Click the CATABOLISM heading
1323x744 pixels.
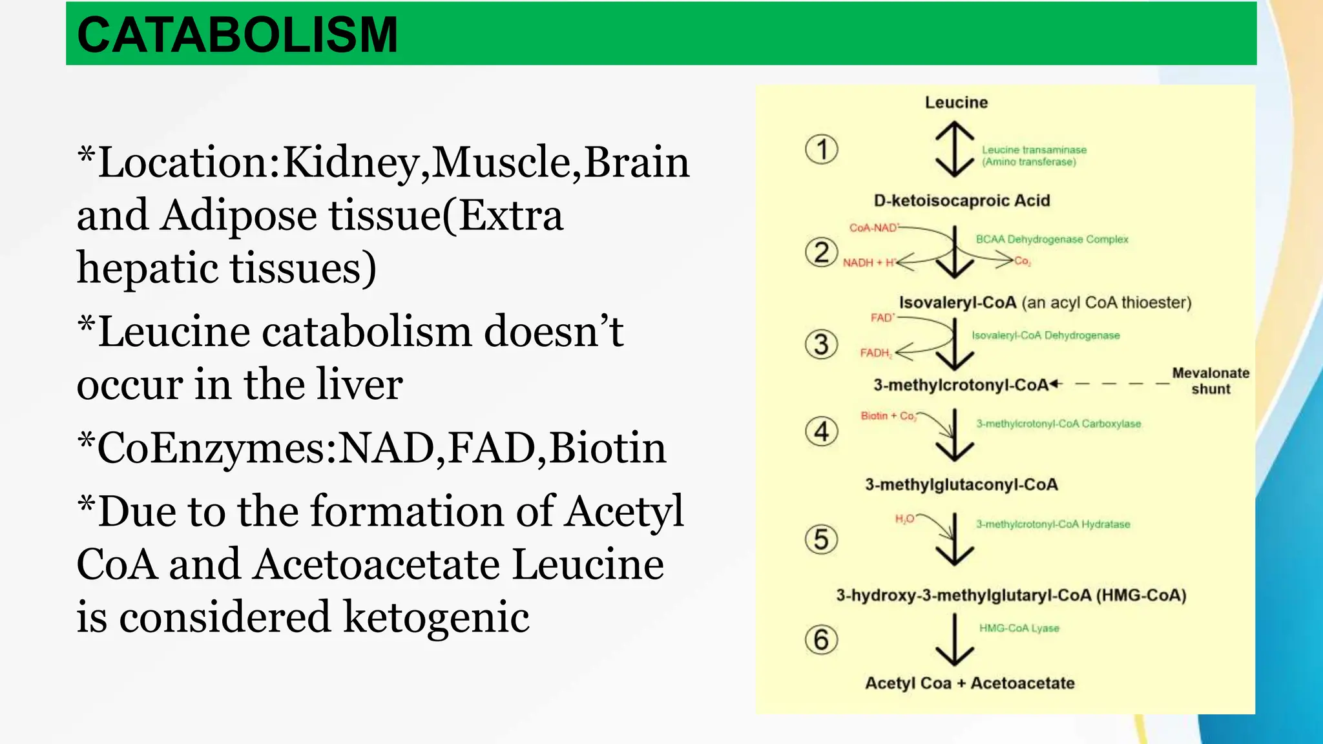(237, 35)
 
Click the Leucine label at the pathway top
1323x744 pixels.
(956, 103)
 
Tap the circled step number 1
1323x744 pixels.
(822, 149)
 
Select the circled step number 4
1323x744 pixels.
(822, 431)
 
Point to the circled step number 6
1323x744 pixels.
(822, 640)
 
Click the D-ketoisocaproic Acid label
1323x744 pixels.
(961, 201)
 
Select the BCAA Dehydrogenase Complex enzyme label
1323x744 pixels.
(1052, 240)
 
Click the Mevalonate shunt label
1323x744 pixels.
(1211, 381)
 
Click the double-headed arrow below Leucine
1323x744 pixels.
(955, 150)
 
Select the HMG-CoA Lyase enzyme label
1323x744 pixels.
(1019, 628)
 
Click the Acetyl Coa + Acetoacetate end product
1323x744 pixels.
(970, 683)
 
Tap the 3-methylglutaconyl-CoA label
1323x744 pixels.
(961, 485)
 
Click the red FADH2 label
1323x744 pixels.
(875, 353)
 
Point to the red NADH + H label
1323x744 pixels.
(869, 263)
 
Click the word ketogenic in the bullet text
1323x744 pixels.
(436, 617)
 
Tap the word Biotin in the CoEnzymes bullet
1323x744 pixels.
(608, 448)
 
